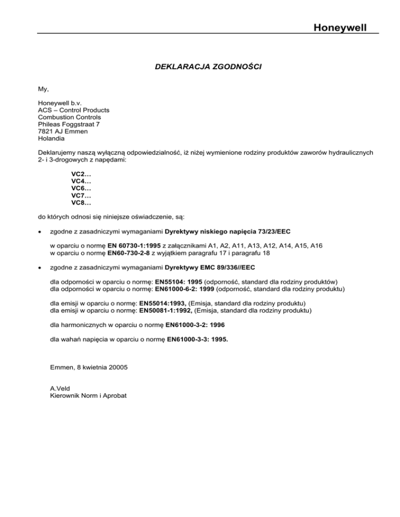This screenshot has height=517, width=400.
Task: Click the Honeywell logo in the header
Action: click(345, 25)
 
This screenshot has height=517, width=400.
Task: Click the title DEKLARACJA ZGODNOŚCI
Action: click(201, 67)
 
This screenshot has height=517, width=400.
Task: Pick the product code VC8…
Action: click(81, 202)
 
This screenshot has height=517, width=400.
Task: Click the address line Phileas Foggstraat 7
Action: click(68, 124)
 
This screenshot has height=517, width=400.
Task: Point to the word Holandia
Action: click(52, 139)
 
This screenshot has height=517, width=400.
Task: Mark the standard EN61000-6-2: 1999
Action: click(185, 288)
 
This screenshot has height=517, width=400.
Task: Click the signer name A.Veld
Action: click(60, 388)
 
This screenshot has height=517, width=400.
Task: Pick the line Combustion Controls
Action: click(70, 117)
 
